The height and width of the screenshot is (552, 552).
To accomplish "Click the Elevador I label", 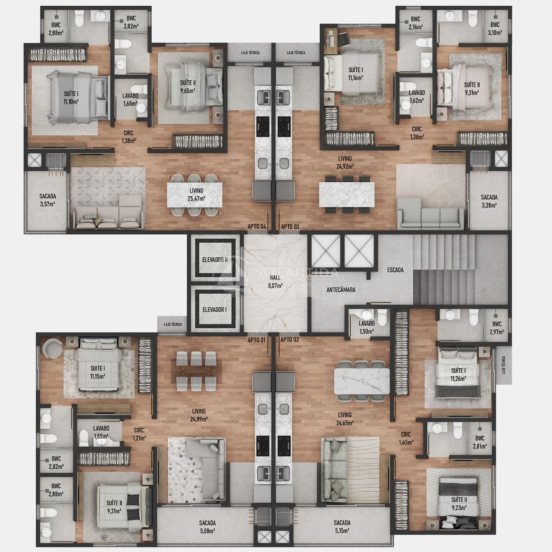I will (214, 310).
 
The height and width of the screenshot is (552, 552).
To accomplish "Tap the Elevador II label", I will (214, 259).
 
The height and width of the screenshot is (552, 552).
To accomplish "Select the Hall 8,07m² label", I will (276, 281).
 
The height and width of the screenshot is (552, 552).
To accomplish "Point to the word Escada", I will (395, 270).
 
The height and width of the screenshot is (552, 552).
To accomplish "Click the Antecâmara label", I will (341, 290).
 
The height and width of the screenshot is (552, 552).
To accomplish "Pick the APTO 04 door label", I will (257, 227).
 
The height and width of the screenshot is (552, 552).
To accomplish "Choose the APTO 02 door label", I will (290, 340).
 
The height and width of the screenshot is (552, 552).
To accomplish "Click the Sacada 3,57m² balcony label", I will (48, 200).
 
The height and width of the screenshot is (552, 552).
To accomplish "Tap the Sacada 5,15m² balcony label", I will (342, 526).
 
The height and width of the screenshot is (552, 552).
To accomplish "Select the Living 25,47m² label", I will (196, 194).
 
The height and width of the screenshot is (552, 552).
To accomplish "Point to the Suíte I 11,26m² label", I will (458, 374).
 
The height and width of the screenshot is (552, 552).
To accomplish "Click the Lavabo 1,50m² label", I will (366, 327).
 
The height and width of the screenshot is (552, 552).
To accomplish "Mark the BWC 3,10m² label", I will (495, 28).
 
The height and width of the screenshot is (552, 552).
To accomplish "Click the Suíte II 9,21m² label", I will (114, 507).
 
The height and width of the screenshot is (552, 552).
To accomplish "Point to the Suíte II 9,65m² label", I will (187, 86).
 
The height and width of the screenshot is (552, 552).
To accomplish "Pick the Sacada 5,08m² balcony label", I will (207, 526).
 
